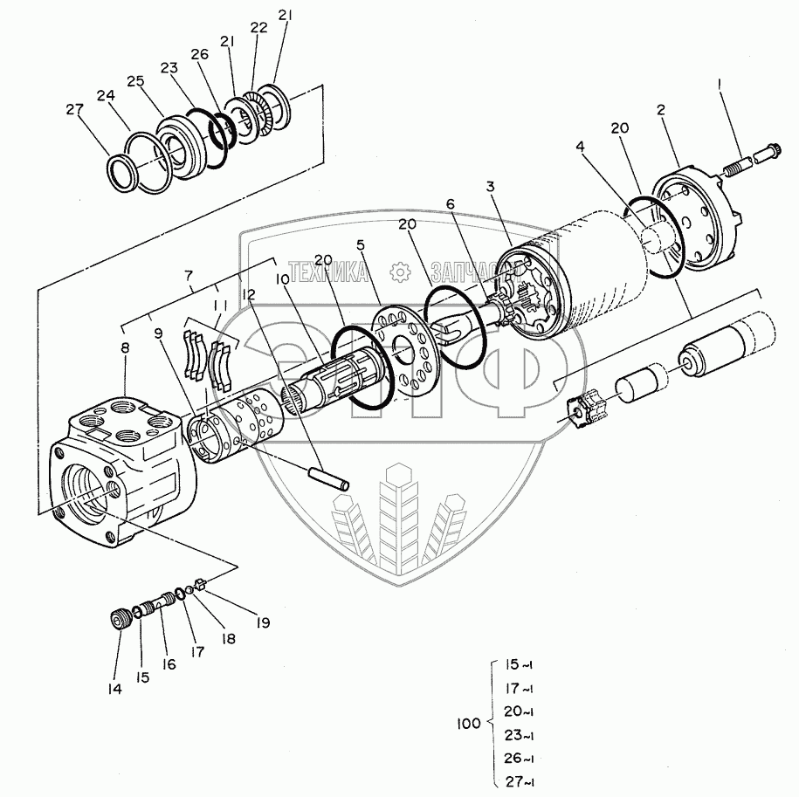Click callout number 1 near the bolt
click(720, 85)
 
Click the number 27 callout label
click(75, 110)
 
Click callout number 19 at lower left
click(262, 622)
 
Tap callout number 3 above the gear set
click(492, 186)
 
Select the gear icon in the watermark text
click(402, 271)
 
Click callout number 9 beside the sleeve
click(158, 333)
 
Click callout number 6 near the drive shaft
click(451, 203)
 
